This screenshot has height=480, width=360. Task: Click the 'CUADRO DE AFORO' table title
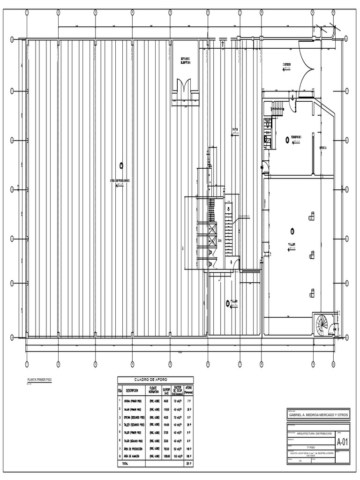[155, 380]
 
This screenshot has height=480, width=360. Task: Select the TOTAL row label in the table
[125, 464]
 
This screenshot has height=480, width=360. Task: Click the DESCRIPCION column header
[132, 390]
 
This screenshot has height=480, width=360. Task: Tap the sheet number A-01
[342, 442]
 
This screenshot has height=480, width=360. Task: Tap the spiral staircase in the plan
[323, 322]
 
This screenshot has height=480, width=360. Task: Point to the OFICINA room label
[323, 147]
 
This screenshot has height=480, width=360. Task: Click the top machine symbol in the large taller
[311, 216]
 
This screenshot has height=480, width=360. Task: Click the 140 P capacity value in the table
[189, 448]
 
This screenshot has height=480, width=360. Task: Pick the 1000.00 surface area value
[166, 455]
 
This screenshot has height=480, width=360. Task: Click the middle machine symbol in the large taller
[311, 255]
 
